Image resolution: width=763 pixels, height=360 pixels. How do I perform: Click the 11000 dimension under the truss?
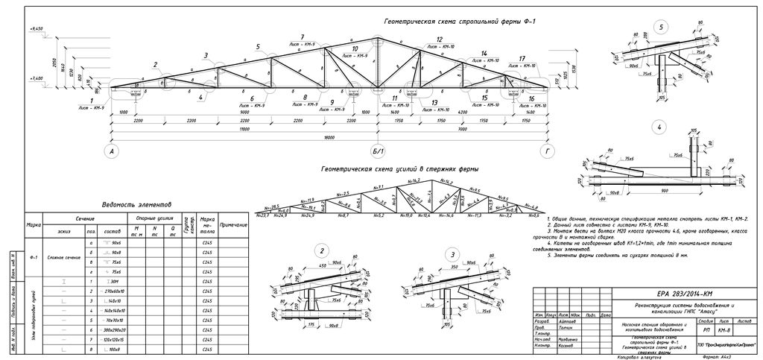tap(244, 129)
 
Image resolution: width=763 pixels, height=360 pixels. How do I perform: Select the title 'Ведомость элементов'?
tap(136, 204)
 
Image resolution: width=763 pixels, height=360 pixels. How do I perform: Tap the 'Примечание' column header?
tap(234, 224)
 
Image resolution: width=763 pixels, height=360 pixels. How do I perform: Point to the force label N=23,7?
tap(262, 215)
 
